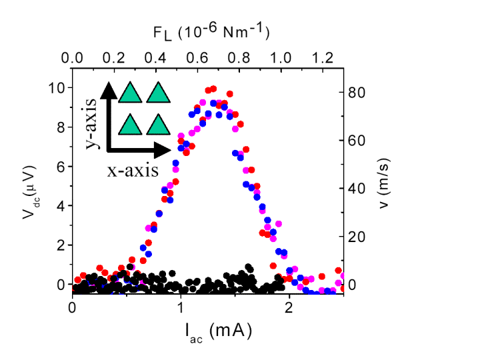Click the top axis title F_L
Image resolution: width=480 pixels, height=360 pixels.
click(211, 31)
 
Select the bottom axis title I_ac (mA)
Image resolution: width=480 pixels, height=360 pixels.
click(219, 333)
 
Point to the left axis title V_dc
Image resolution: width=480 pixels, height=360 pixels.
click(30, 193)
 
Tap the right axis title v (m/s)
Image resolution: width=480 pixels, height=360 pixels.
click(383, 183)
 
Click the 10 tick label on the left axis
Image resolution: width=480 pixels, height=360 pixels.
click(57, 88)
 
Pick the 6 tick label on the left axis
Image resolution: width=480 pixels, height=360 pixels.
click(61, 167)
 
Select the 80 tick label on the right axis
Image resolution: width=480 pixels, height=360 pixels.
click(357, 93)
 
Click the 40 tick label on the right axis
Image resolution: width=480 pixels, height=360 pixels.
click(357, 188)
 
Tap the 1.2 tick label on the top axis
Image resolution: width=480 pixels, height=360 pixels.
click(323, 58)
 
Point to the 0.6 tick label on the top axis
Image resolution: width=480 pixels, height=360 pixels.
click(197, 58)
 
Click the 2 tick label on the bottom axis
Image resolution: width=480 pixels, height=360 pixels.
click(289, 307)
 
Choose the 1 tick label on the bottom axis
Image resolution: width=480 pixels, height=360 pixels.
click(181, 307)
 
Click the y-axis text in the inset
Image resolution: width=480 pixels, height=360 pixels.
click(91, 123)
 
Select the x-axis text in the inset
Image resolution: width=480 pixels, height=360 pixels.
click(133, 171)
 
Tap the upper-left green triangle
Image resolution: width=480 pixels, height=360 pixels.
click(130, 92)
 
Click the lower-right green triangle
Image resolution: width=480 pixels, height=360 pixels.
click(158, 124)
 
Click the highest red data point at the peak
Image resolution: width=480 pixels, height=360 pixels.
click(213, 89)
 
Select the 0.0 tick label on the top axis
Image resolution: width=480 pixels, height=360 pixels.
click(72, 58)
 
